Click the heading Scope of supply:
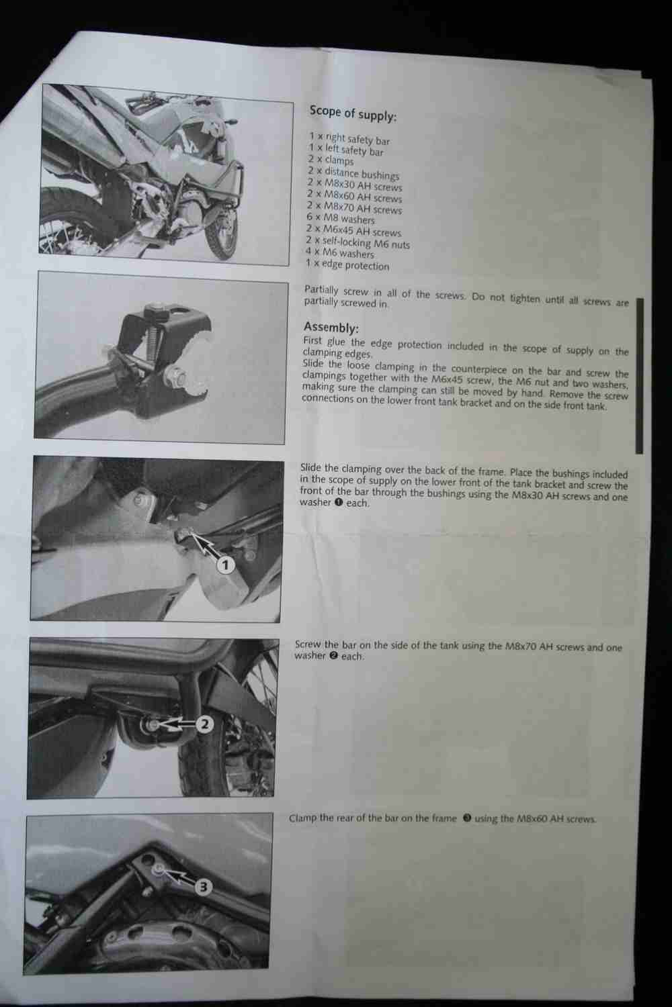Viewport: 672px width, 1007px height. click(x=353, y=113)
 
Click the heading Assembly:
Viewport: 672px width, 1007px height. click(x=331, y=327)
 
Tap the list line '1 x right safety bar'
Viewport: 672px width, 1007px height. click(x=349, y=138)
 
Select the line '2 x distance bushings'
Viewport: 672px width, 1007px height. click(x=353, y=173)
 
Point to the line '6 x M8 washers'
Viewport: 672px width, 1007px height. click(x=341, y=218)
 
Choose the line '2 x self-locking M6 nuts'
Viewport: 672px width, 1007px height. click(x=358, y=243)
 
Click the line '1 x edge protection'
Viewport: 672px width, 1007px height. click(x=347, y=265)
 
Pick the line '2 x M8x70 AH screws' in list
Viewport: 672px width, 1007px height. click(x=355, y=207)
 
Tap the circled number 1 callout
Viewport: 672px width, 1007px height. click(x=226, y=565)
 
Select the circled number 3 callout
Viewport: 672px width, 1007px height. click(x=204, y=887)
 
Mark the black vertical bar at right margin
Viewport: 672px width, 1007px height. click(x=639, y=375)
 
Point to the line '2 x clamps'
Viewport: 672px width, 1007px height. click(x=331, y=160)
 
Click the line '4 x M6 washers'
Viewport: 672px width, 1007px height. click(x=340, y=252)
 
